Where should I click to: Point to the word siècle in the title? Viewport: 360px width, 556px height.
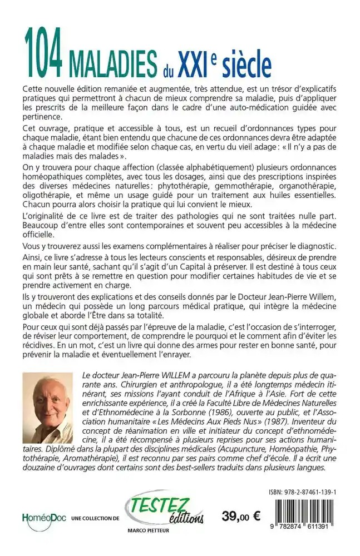click(x=245, y=63)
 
